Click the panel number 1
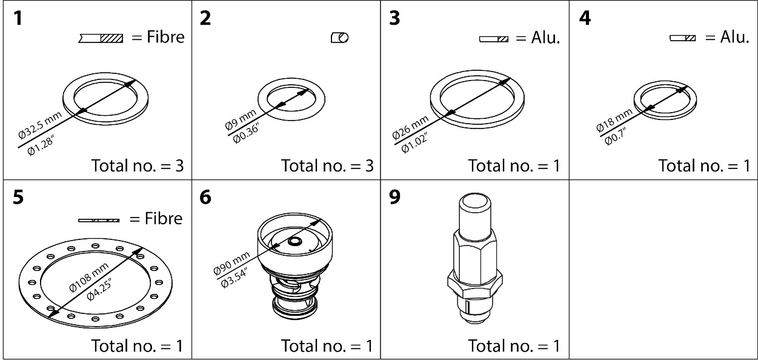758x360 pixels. (18, 19)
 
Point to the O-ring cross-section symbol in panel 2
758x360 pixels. (339, 38)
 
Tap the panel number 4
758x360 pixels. (585, 19)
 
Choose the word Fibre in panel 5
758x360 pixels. (164, 218)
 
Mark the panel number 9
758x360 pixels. (395, 199)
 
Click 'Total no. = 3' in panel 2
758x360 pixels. (327, 165)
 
